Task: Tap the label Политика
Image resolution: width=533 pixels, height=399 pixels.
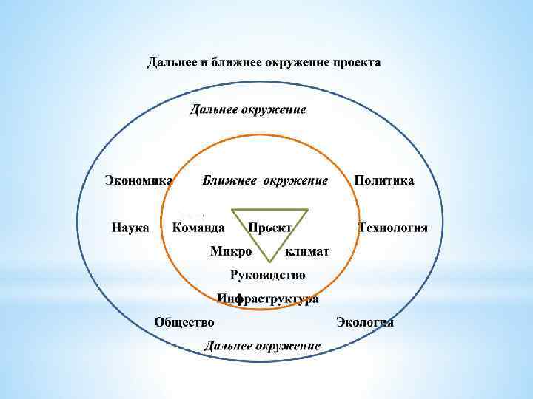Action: click(384, 180)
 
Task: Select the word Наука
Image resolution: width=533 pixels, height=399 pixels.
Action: click(130, 227)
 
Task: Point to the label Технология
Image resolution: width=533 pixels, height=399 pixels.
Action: click(393, 227)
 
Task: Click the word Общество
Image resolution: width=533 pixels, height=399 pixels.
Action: click(184, 321)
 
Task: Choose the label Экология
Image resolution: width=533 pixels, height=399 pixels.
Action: click(365, 321)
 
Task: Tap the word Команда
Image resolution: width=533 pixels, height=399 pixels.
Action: click(198, 227)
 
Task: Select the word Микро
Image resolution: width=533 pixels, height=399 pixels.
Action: click(231, 251)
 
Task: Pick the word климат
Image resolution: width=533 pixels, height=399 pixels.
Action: click(308, 251)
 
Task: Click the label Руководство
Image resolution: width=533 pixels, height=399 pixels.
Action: click(267, 275)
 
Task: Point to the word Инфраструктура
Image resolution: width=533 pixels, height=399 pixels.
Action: click(268, 299)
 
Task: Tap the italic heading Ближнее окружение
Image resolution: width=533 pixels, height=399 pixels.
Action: click(265, 180)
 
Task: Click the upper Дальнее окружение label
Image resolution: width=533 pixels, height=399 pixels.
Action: click(247, 109)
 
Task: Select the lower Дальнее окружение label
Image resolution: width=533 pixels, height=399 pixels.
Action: click(262, 345)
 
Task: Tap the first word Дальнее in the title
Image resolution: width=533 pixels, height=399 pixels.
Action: click(172, 62)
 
